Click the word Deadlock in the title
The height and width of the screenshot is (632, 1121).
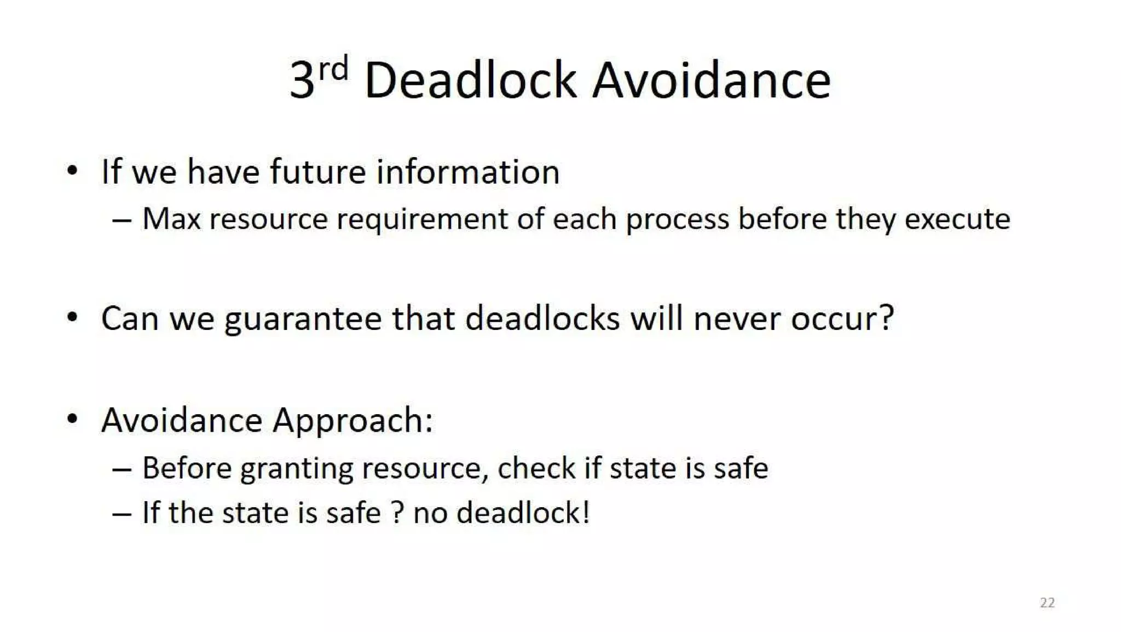(470, 81)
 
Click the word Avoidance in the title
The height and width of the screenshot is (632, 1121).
(712, 81)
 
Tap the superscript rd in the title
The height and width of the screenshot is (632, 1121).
(333, 69)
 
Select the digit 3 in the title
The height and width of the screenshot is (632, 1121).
(302, 81)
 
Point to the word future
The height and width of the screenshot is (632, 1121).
(317, 172)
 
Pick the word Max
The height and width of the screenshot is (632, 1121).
(171, 219)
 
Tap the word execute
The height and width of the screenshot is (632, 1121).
(957, 219)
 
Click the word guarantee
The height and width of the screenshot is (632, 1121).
(303, 319)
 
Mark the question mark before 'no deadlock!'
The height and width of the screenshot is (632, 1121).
(398, 513)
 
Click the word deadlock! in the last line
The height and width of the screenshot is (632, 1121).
(523, 513)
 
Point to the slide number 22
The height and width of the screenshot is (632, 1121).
(1047, 602)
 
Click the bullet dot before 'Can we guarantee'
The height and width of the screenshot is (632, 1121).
(72, 317)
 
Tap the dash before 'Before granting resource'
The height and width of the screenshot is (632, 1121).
(122, 469)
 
